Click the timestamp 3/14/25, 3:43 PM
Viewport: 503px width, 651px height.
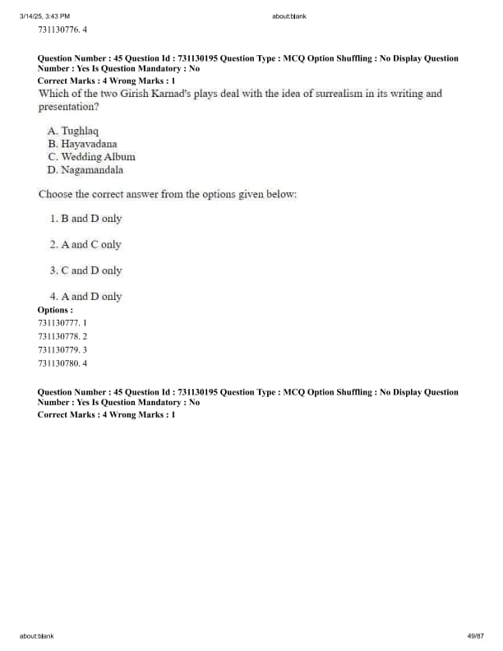click(44, 16)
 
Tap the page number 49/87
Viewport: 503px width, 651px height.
click(475, 635)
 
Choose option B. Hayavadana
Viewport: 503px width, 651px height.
click(82, 144)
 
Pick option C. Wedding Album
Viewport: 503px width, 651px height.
click(91, 157)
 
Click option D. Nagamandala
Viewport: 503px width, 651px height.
click(85, 170)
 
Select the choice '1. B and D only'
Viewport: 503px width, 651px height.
click(85, 219)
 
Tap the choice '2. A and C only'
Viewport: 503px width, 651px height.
click(85, 244)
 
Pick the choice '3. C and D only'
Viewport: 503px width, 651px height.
click(85, 270)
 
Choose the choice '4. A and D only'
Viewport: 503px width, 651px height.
click(85, 297)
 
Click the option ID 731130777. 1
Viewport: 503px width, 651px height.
click(62, 323)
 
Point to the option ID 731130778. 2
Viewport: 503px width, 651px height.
click(62, 336)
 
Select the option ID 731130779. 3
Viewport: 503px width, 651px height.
click(62, 349)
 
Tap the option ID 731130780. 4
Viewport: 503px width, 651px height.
click(62, 362)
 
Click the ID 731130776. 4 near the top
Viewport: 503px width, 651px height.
click(62, 30)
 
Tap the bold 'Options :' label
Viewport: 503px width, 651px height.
click(55, 310)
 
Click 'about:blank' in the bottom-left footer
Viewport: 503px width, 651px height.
click(37, 635)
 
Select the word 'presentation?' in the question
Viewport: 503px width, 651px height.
click(69, 107)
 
